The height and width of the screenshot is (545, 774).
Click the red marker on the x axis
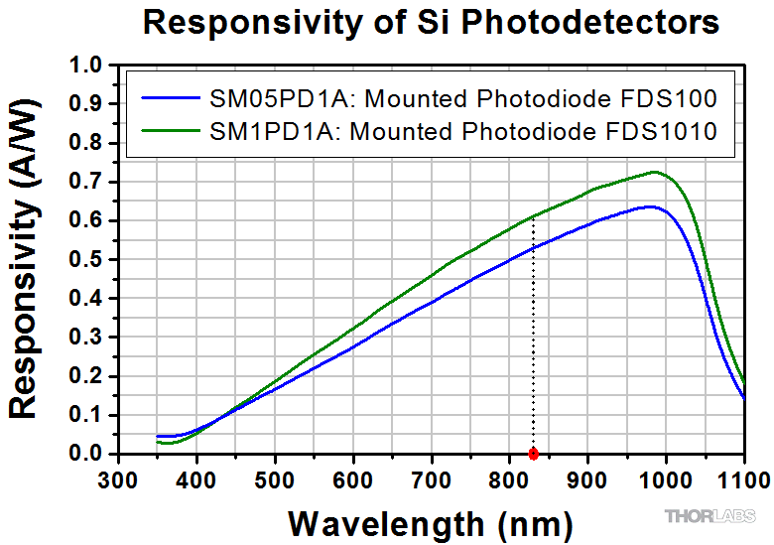click(x=533, y=454)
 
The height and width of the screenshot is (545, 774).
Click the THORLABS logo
click(x=709, y=516)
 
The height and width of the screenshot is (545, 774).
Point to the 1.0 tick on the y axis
click(x=90, y=67)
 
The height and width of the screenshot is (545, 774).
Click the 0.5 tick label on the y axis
click(x=90, y=260)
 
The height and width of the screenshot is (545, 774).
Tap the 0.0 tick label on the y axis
click(x=90, y=454)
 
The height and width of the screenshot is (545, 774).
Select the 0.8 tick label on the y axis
click(x=90, y=144)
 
